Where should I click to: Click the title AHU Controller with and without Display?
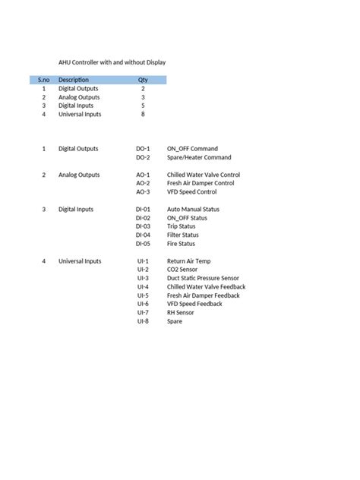coord(112,62)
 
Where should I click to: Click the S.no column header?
coord(43,80)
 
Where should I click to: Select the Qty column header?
coord(143,80)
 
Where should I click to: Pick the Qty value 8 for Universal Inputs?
coord(143,115)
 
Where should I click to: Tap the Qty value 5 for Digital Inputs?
coord(143,106)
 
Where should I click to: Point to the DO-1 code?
coord(143,149)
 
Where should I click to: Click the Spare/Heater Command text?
coord(199,157)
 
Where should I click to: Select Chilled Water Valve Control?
coord(203,175)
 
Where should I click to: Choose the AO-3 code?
coord(143,192)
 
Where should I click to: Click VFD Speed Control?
coord(191,192)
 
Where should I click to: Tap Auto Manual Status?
coord(193,209)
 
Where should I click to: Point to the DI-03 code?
coord(143,226)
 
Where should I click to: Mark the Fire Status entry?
coord(181,244)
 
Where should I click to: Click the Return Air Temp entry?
coord(188,261)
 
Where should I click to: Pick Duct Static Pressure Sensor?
coord(203,278)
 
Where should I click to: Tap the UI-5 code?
coord(143,295)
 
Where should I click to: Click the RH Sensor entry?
coord(181,312)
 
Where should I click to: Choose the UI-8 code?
coord(143,321)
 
